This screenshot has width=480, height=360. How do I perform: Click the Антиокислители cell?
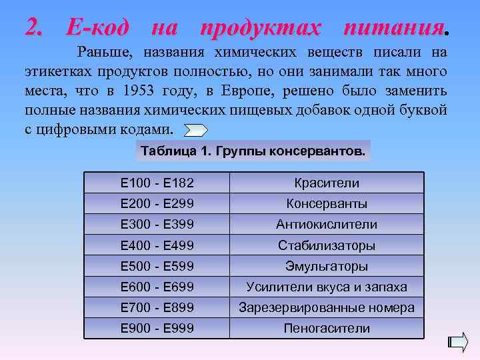click(327, 225)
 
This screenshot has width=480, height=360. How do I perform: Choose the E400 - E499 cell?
click(157, 245)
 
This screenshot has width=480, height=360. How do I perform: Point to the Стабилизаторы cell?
click(327, 245)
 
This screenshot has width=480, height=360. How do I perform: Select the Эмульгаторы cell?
click(327, 266)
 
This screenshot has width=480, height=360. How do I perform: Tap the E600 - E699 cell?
click(157, 287)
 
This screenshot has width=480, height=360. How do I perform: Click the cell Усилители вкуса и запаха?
click(327, 287)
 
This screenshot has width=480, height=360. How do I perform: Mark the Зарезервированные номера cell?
click(327, 308)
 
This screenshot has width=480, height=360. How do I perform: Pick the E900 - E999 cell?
click(157, 328)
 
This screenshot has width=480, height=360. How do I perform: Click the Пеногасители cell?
click(327, 328)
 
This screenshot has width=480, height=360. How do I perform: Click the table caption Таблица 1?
click(253, 151)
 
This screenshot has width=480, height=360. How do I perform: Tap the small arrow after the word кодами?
click(195, 130)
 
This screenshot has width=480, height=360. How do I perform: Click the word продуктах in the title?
click(260, 28)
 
